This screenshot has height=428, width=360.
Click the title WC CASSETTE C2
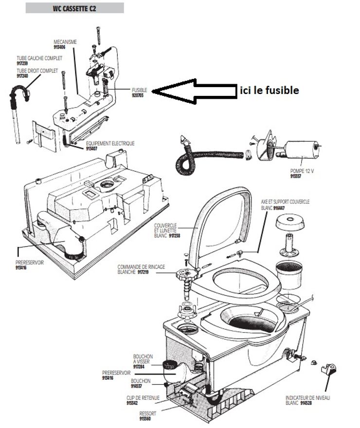click(x=74, y=8)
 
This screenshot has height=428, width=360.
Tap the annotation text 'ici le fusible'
click(x=269, y=90)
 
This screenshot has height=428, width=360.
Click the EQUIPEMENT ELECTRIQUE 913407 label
click(x=110, y=146)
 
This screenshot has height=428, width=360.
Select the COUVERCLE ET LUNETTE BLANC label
click(x=167, y=230)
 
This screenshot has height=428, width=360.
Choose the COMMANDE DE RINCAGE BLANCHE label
click(x=141, y=269)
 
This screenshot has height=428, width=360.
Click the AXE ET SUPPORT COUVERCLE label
click(x=285, y=204)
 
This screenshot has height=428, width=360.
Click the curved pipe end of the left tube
click(x=22, y=91)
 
